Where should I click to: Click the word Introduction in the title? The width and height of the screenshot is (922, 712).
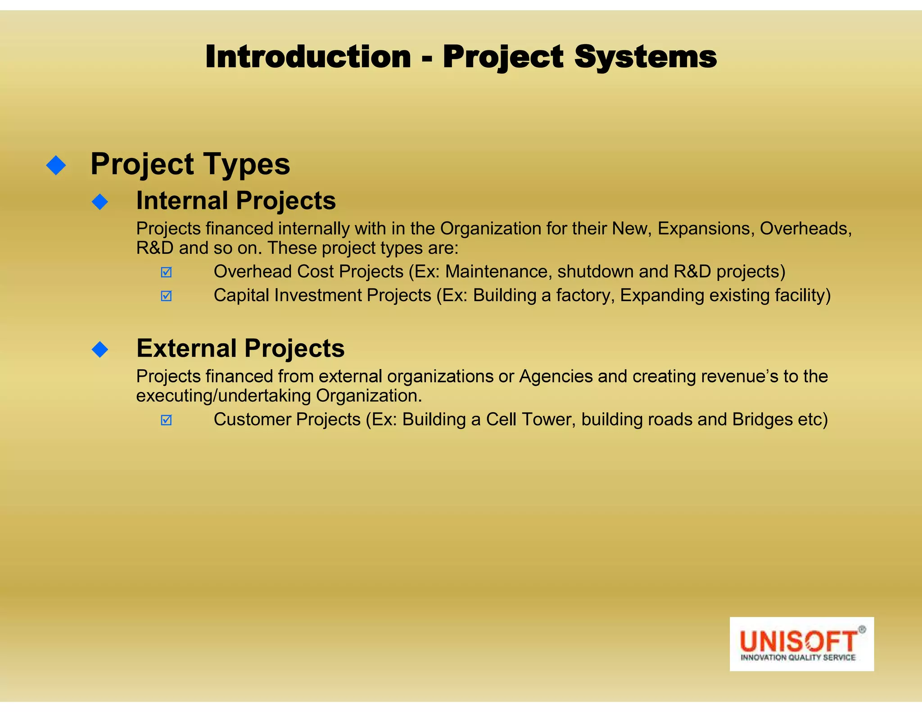(308, 57)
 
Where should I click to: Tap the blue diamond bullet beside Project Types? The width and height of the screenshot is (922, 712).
(56, 165)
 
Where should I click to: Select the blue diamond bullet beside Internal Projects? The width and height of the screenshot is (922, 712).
(100, 202)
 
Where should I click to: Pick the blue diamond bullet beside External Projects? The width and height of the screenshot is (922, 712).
(100, 349)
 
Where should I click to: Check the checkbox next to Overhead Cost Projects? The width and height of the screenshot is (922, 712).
(166, 272)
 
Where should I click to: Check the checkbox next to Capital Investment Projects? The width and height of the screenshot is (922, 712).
(166, 296)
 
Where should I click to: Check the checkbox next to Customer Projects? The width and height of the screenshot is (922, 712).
(166, 420)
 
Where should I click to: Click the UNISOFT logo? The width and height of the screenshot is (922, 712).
(801, 644)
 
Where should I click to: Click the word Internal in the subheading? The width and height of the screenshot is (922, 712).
(182, 201)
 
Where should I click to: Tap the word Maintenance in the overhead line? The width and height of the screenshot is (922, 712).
(498, 271)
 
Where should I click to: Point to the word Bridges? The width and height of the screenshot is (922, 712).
(762, 419)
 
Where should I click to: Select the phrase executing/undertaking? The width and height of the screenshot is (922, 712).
(223, 396)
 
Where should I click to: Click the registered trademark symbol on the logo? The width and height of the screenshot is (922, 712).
(862, 630)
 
